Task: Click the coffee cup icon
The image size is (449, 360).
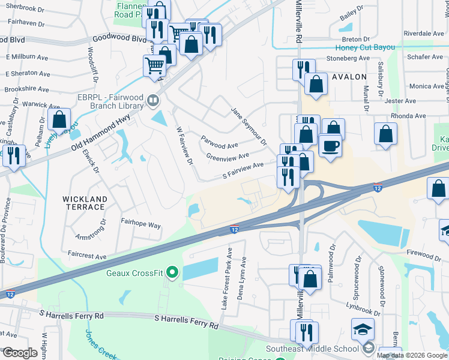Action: tap(330, 146)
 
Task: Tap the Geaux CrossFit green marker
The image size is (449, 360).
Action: tap(173, 274)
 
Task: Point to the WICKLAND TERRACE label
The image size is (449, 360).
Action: tap(85, 203)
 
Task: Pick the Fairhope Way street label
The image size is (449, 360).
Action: tap(140, 225)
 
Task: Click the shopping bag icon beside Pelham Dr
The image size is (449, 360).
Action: tap(59, 119)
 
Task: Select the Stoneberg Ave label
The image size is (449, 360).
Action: tap(348, 58)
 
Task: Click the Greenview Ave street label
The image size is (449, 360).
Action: tap(228, 157)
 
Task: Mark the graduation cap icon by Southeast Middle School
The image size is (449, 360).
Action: tap(362, 329)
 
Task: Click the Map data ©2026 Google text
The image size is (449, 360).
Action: tap(412, 355)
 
